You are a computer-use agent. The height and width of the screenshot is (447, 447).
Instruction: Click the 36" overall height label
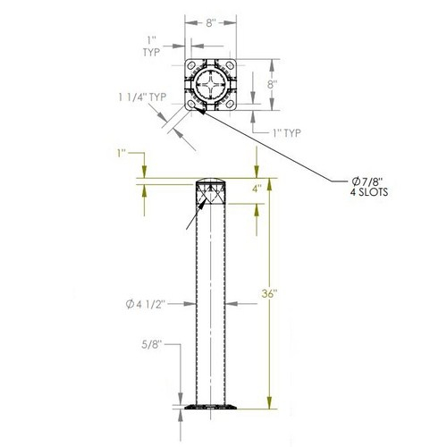(269, 294)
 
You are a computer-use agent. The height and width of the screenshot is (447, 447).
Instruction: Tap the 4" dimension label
(257, 189)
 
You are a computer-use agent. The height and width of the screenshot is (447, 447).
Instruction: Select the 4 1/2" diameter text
(150, 304)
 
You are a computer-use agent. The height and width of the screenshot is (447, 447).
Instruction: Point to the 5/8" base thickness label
(151, 344)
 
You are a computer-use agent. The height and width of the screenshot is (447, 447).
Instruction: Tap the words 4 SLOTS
(369, 192)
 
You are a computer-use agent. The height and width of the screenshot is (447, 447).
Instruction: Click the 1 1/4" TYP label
(142, 97)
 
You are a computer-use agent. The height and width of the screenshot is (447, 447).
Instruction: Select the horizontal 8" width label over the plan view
(210, 23)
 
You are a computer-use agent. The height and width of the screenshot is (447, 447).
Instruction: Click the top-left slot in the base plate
(191, 65)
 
